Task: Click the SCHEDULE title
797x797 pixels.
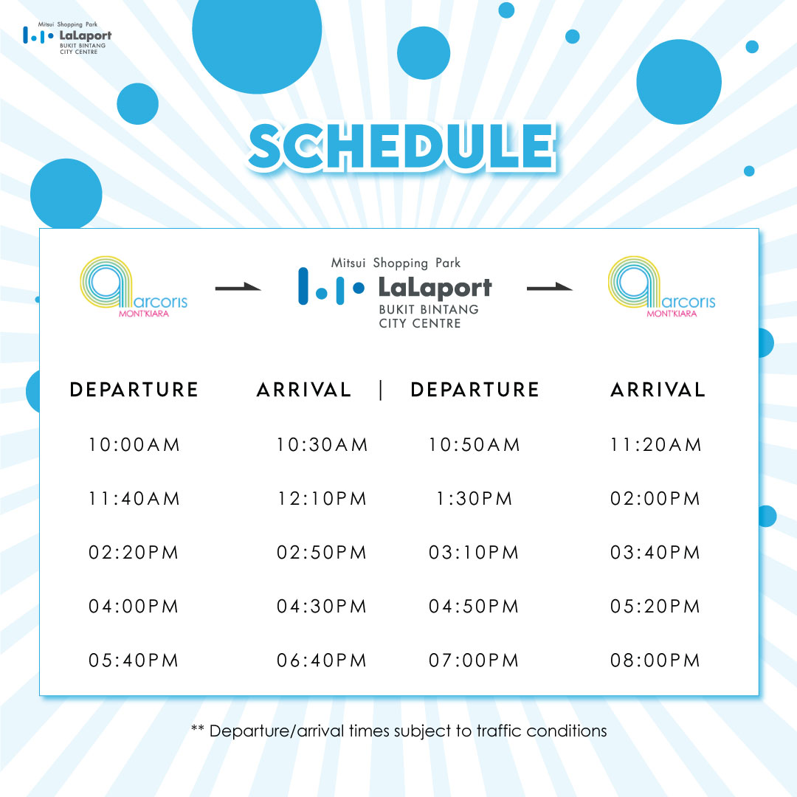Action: coord(401,146)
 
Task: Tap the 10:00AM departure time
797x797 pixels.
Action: coord(134,445)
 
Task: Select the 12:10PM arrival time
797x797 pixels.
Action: coord(322,499)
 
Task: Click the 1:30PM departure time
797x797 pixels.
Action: coord(475,499)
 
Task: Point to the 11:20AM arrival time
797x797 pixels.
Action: coord(656,445)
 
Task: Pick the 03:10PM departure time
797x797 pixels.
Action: coord(474,553)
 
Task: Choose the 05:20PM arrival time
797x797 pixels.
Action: coord(655,607)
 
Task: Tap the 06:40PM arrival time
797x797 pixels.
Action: coord(322,660)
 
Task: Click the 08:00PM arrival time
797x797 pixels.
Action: coord(655,660)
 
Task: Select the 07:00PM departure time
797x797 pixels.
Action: coord(474,660)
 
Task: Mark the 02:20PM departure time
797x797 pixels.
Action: coord(134,553)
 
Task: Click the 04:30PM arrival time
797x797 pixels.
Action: coord(322,607)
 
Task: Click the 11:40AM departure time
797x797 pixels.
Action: coord(134,499)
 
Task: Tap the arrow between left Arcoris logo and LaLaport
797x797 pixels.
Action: coord(238,288)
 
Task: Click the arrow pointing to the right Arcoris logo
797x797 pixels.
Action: coord(550,288)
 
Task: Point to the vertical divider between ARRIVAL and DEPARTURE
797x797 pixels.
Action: coord(381,390)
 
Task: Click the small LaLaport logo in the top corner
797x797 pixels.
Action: coord(67,38)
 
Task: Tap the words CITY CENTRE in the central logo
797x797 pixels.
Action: coord(420,323)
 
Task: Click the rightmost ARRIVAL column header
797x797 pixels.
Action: coord(658,390)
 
